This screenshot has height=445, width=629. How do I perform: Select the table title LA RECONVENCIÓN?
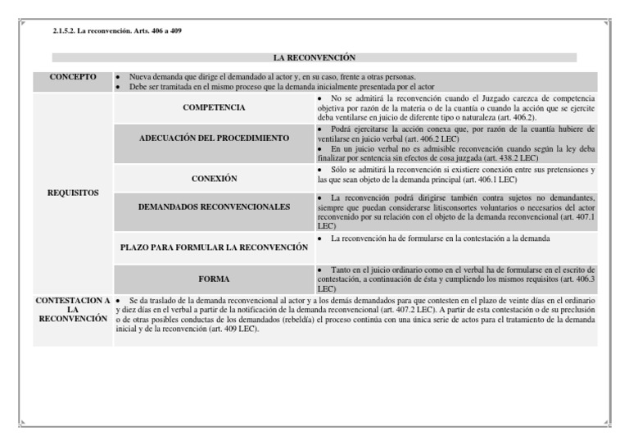coord(314,58)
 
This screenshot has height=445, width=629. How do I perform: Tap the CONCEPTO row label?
coord(73,77)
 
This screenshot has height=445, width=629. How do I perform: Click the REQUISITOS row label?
coord(73,193)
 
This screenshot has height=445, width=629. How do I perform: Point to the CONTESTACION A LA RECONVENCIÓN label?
coord(73,310)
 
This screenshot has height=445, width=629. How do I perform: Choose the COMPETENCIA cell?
coord(214,107)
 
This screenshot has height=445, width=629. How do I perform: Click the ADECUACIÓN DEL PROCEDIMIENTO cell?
coord(214,137)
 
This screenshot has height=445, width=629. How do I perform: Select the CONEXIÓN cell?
coord(214,177)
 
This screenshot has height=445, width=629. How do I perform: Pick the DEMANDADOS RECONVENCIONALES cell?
coord(214,207)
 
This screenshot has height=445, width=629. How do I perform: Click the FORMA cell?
coord(214,279)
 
